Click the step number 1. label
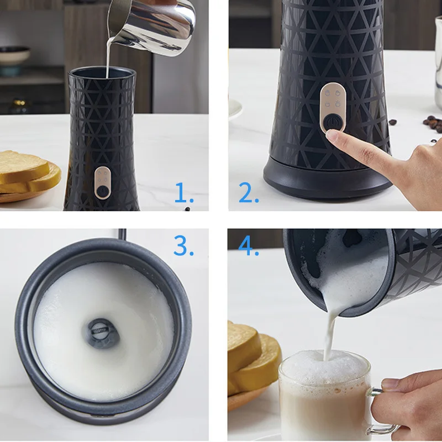[x=184, y=193]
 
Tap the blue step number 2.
[x=248, y=193]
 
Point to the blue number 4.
[x=249, y=246]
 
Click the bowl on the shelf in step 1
[x=13, y=55]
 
